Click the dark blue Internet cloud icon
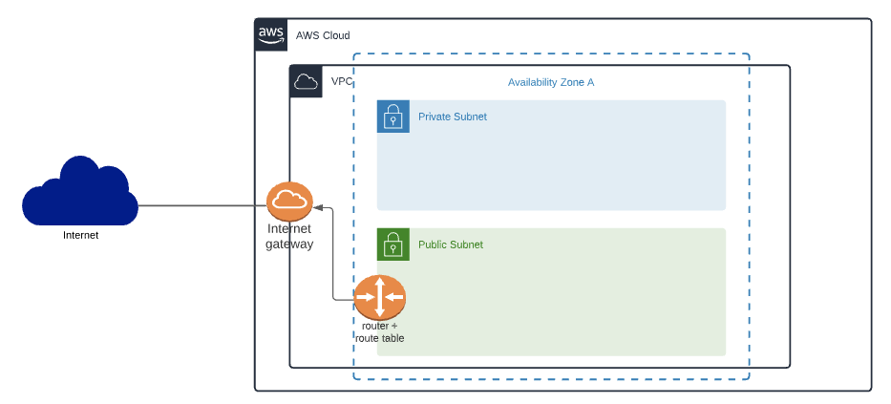click(80, 194)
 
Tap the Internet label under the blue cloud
click(80, 235)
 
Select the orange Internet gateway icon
click(289, 201)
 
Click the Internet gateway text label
click(289, 236)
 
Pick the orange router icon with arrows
click(380, 297)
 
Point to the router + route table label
click(380, 331)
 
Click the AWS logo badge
click(271, 34)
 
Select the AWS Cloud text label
click(323, 35)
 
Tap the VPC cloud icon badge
click(306, 81)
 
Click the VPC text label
click(341, 81)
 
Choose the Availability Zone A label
click(551, 82)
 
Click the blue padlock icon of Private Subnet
click(393, 117)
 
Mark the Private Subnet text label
click(453, 117)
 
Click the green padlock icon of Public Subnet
click(393, 245)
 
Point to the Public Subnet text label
click(451, 245)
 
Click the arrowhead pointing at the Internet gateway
click(318, 206)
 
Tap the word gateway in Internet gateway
click(289, 244)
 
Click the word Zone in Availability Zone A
click(569, 82)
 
